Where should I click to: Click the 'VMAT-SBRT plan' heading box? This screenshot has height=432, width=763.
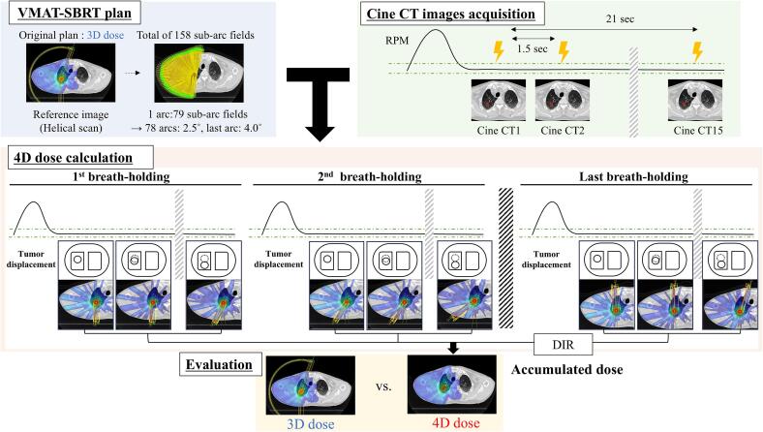(74, 13)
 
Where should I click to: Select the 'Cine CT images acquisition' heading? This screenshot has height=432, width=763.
(450, 14)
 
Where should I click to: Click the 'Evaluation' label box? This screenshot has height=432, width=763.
(219, 365)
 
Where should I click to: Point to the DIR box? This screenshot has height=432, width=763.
(563, 345)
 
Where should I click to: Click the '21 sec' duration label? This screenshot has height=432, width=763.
(620, 19)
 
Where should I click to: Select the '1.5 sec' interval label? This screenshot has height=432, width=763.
(532, 48)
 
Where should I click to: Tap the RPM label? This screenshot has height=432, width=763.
(397, 41)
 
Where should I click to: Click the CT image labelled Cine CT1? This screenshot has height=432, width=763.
(499, 101)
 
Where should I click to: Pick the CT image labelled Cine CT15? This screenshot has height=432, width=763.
(695, 101)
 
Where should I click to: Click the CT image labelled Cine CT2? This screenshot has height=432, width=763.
(562, 101)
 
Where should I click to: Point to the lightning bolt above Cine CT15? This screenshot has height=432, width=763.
(697, 51)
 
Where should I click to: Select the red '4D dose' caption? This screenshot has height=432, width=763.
(455, 422)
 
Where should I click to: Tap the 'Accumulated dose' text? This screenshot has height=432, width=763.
(566, 370)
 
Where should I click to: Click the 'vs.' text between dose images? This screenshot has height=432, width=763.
(383, 387)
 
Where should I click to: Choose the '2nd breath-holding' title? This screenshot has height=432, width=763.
(369, 176)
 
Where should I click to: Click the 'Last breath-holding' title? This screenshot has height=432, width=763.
(633, 176)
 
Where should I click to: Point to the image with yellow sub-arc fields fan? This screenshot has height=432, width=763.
(198, 73)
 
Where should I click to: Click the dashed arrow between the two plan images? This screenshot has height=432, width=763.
(133, 73)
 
